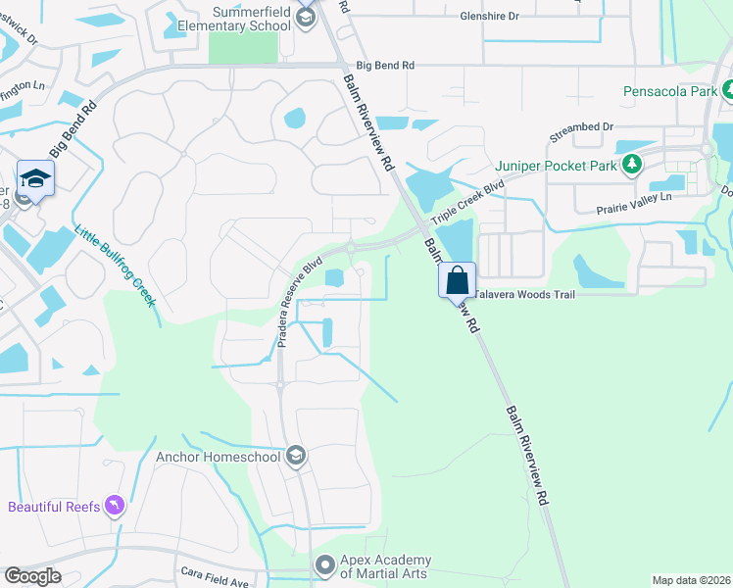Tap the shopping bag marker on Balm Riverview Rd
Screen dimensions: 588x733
click(x=457, y=279)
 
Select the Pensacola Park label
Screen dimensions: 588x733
click(x=671, y=91)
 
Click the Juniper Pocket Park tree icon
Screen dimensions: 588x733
click(x=633, y=164)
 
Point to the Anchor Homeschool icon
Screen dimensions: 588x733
click(x=296, y=456)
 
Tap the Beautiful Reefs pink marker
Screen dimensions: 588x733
click(x=116, y=506)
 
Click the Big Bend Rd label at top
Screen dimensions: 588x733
click(x=385, y=65)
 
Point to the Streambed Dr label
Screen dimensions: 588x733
click(x=580, y=127)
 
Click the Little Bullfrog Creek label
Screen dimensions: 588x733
click(x=116, y=265)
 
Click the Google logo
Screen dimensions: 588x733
click(x=32, y=575)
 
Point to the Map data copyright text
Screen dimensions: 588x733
click(x=690, y=580)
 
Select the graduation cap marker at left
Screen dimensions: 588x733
click(x=35, y=178)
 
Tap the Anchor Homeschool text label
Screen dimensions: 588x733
click(x=219, y=456)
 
